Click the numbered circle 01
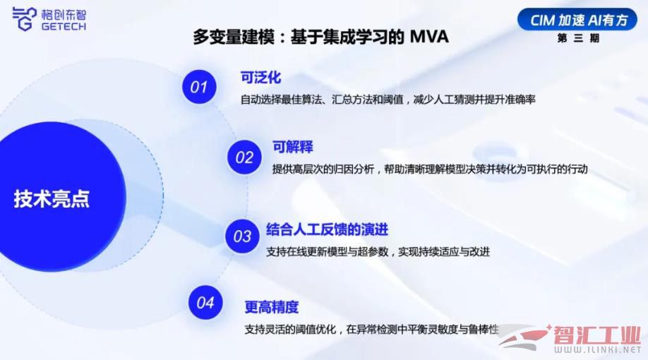pyautogui.click(x=199, y=87)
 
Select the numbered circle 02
pyautogui.click(x=244, y=157)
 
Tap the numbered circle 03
pyautogui.click(x=242, y=236)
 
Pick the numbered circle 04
pyautogui.click(x=205, y=303)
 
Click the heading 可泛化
pyautogui.click(x=260, y=78)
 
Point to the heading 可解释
pyautogui.click(x=293, y=147)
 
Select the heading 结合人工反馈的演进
pyautogui.click(x=328, y=229)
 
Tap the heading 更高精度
pyautogui.click(x=272, y=307)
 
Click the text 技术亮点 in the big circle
pyautogui.click(x=52, y=198)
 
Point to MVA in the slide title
pyautogui.click(x=429, y=37)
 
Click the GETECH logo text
pyautogui.click(x=64, y=26)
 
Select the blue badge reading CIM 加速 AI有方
pyautogui.click(x=577, y=19)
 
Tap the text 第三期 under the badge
pyautogui.click(x=578, y=38)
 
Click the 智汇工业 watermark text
pyautogui.click(x=597, y=335)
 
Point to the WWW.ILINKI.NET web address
pyautogui.click(x=597, y=350)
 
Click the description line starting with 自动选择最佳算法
pyautogui.click(x=388, y=100)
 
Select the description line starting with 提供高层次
pyautogui.click(x=430, y=169)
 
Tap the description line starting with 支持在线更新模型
pyautogui.click(x=378, y=252)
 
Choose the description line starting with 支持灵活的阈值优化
pyautogui.click(x=371, y=330)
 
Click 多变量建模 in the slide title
pyautogui.click(x=234, y=37)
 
